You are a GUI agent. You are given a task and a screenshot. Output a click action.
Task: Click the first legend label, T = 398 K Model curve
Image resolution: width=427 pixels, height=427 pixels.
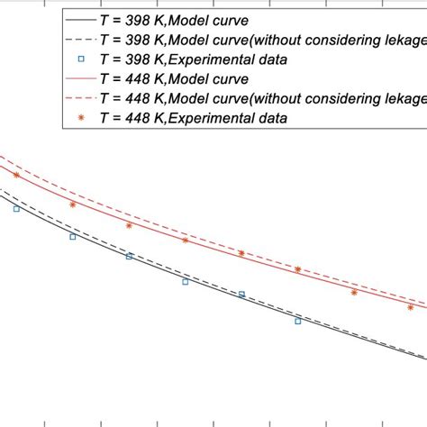tap(177, 18)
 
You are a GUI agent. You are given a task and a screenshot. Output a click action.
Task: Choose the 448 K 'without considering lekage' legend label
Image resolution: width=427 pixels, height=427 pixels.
tap(261, 98)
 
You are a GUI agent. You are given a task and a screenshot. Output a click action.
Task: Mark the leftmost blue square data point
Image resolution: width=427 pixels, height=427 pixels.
tap(16, 209)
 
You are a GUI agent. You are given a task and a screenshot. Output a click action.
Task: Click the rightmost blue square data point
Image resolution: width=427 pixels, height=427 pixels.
tap(298, 320)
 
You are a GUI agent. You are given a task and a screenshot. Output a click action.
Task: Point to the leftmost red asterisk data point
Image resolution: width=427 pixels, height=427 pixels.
tap(16, 176)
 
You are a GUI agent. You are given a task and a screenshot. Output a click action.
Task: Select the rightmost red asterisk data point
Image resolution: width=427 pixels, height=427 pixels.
tap(411, 307)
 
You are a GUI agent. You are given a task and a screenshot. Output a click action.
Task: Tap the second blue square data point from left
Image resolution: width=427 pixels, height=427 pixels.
tap(73, 237)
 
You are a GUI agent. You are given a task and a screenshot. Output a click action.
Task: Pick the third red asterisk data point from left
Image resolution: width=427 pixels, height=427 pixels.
tap(129, 225)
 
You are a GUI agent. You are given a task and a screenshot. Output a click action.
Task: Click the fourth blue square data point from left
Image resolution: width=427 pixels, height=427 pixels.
tap(186, 282)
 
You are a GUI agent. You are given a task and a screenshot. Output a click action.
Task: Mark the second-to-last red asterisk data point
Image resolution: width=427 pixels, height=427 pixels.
tap(354, 292)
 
